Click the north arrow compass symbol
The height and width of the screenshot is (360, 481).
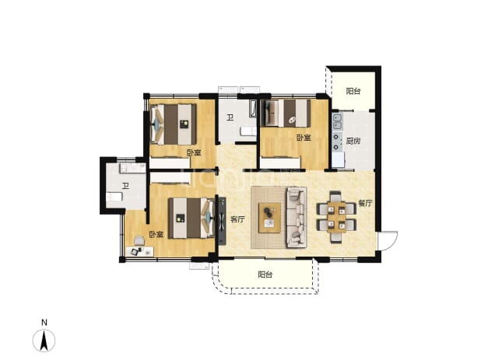tap(44, 341)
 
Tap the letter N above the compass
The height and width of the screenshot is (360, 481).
tap(44, 323)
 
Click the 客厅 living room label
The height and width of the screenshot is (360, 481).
tap(237, 219)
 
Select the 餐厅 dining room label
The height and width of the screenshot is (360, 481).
tap(365, 203)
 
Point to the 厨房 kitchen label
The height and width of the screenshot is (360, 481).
tap(353, 141)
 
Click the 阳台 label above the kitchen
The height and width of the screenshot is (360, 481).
tap(353, 91)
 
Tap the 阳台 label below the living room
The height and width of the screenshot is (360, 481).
tap(265, 274)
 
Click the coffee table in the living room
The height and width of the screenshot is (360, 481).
tap(269, 218)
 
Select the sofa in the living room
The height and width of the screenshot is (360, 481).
tap(297, 217)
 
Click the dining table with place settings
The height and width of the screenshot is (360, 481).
tap(336, 217)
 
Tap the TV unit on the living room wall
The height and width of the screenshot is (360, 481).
tap(222, 221)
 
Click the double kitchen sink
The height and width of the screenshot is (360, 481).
tap(338, 121)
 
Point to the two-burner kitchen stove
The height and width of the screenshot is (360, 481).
tap(337, 142)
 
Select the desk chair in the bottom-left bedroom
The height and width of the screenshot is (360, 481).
tap(139, 240)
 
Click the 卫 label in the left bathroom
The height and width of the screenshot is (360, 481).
tap(125, 186)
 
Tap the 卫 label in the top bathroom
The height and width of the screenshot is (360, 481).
tap(230, 117)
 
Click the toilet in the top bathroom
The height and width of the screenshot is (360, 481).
tap(248, 131)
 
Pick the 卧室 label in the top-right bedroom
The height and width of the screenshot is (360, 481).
tap(304, 138)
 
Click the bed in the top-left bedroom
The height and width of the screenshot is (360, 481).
tap(174, 124)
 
